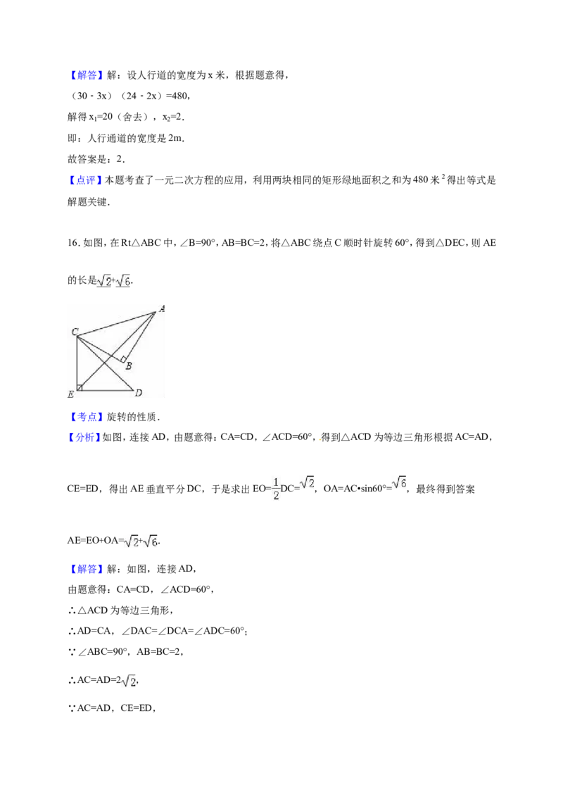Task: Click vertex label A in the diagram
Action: (x=161, y=308)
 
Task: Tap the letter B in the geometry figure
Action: (x=128, y=365)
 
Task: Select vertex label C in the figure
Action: (x=74, y=332)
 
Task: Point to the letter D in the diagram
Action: (x=139, y=393)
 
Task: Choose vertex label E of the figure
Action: (x=70, y=394)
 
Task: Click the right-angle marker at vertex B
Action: (x=123, y=359)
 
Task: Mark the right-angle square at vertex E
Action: (x=80, y=387)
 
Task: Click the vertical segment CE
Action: (x=76, y=363)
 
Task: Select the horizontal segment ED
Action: (x=106, y=389)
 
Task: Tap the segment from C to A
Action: (x=116, y=324)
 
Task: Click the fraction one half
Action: (x=276, y=488)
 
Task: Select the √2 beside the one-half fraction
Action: (x=307, y=482)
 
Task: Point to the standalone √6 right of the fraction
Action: (x=399, y=482)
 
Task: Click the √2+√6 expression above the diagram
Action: (x=115, y=280)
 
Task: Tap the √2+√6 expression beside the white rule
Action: (x=138, y=541)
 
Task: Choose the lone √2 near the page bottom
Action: (x=129, y=682)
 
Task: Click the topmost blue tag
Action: (x=87, y=76)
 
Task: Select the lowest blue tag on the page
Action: (x=87, y=569)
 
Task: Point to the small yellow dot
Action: (x=318, y=441)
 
